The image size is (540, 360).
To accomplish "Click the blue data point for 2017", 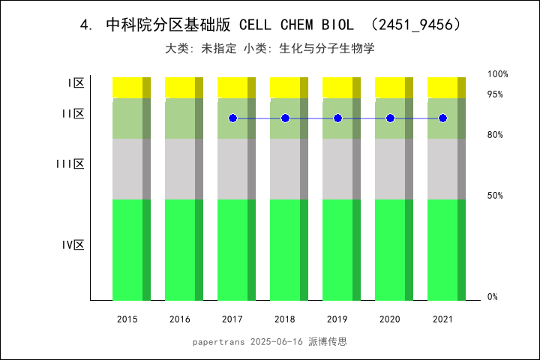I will pos(232,118).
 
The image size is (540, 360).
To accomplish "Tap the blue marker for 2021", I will pos(442,118).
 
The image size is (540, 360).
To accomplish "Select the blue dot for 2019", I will pos(337,118).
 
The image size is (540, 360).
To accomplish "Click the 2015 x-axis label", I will pos(127,319).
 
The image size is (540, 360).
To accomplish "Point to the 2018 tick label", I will pos(285,319).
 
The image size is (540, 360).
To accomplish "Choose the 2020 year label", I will pos(390,319).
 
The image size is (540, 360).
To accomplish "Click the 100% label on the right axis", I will pos(498,74).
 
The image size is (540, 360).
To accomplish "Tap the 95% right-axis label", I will pos(495,94).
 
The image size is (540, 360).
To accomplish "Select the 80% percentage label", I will pos(495,135).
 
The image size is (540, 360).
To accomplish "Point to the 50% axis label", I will pos(495,196).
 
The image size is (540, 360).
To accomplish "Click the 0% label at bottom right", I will pos(493,297).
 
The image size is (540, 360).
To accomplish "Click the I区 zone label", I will pos(75,83).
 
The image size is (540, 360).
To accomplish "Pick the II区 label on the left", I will pos(73,114).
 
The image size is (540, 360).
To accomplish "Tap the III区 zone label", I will pos(70,164).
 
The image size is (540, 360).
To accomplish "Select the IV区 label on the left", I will pos(73,245).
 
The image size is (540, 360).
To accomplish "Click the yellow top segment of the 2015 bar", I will pos(127,87).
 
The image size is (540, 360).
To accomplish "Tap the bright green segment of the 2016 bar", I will pos(180,250).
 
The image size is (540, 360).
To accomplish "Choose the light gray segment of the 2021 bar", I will pos(442,169).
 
